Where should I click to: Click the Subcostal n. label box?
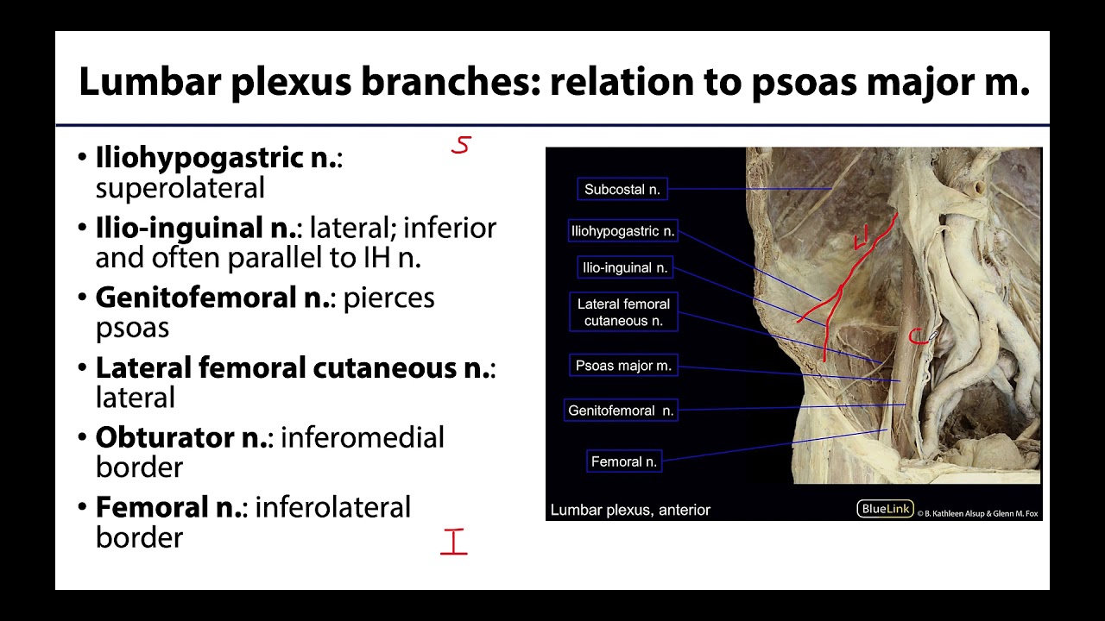pyautogui.click(x=622, y=189)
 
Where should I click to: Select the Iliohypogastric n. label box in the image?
pyautogui.click(x=622, y=231)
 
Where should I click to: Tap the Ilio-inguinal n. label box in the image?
pyautogui.click(x=625, y=267)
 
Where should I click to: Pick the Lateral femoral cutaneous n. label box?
pyautogui.click(x=623, y=312)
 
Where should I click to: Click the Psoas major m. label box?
pyautogui.click(x=623, y=366)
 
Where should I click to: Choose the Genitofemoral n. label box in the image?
pyautogui.click(x=620, y=411)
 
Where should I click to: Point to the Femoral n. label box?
pyautogui.click(x=624, y=461)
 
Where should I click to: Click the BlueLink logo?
pyautogui.click(x=885, y=509)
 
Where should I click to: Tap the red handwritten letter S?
pyautogui.click(x=461, y=145)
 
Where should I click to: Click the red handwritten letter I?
pyautogui.click(x=453, y=542)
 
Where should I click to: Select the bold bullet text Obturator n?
pyautogui.click(x=182, y=437)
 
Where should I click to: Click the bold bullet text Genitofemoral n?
pyautogui.click(x=213, y=298)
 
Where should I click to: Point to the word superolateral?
pyautogui.click(x=180, y=188)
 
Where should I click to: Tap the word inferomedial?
pyautogui.click(x=362, y=437)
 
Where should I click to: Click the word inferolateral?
pyautogui.click(x=332, y=507)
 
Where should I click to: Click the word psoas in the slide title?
pyautogui.click(x=804, y=82)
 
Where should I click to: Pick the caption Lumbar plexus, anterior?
pyautogui.click(x=630, y=510)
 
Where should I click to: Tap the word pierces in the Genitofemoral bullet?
pyautogui.click(x=388, y=298)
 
